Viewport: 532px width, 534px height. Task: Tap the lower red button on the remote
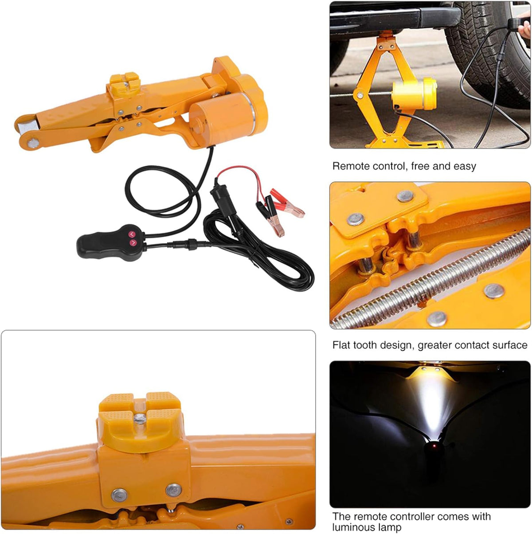(132, 242)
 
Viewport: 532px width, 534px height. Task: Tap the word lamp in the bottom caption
(391, 527)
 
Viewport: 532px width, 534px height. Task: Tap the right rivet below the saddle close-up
(173, 490)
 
